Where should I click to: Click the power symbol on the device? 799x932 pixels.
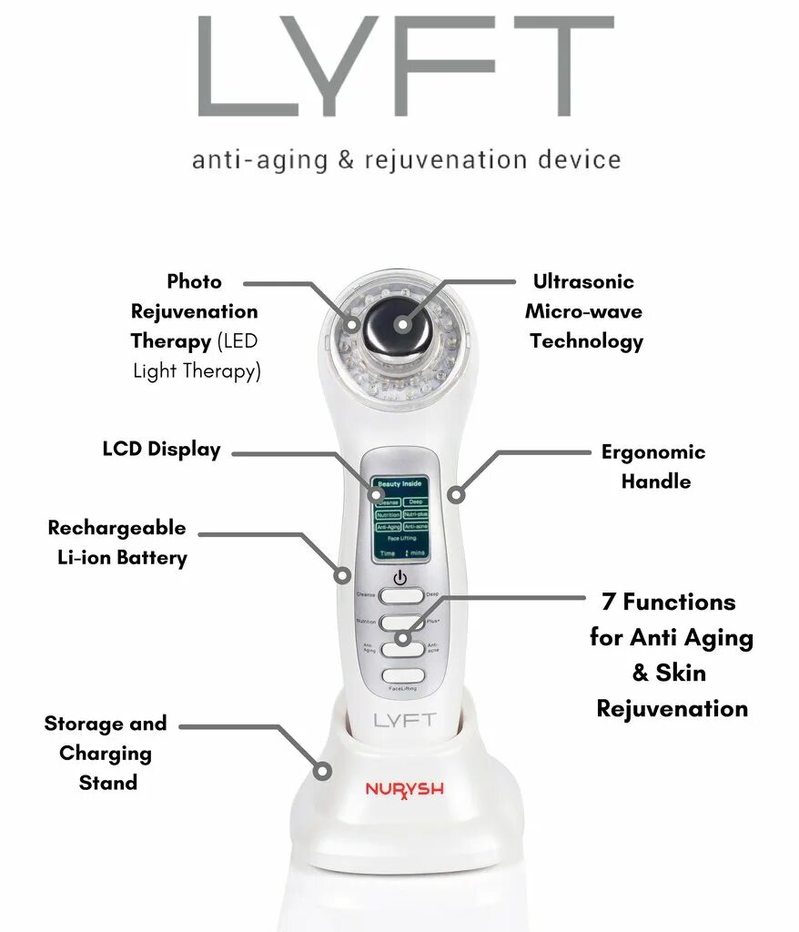[x=399, y=577]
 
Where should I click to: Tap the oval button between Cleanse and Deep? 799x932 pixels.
[x=400, y=595]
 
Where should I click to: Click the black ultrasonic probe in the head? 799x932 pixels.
[x=399, y=325]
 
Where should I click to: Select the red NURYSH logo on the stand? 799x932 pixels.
[x=404, y=789]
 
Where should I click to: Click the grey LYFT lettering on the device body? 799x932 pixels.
[x=404, y=720]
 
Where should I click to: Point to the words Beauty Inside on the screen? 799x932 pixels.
[x=399, y=484]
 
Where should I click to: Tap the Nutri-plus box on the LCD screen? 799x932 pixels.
[x=415, y=514]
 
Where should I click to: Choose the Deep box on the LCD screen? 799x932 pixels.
[x=415, y=501]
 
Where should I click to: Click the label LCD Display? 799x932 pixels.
[x=161, y=450]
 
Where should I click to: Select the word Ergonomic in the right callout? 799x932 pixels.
[x=652, y=452]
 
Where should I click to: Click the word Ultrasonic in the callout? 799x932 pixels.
[x=583, y=282]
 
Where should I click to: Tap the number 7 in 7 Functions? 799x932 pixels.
[x=607, y=603]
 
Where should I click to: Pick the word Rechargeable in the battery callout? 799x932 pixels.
[x=116, y=528]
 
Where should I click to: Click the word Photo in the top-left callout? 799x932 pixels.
[x=194, y=282]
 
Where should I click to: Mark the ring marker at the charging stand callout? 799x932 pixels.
[x=322, y=770]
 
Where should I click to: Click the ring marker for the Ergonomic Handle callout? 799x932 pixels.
[x=456, y=495]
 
